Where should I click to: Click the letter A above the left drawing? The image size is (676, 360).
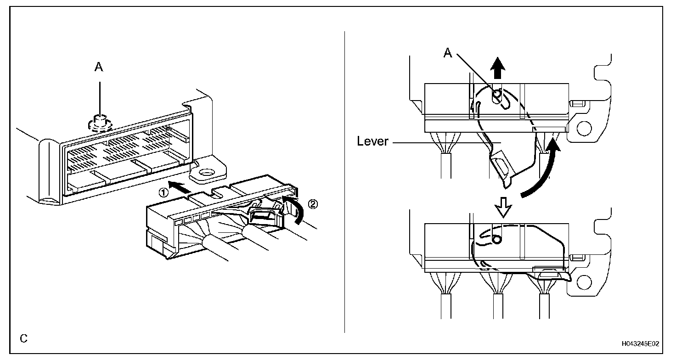(99, 67)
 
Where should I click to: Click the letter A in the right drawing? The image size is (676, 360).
(448, 53)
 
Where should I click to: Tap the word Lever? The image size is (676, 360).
(372, 141)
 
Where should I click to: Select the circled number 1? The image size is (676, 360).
(162, 193)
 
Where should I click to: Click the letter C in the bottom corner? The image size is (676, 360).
(23, 339)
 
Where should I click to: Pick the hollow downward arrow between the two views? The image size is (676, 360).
(504, 210)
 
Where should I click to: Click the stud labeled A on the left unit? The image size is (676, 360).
(99, 121)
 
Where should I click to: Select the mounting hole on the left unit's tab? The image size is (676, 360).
(206, 174)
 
